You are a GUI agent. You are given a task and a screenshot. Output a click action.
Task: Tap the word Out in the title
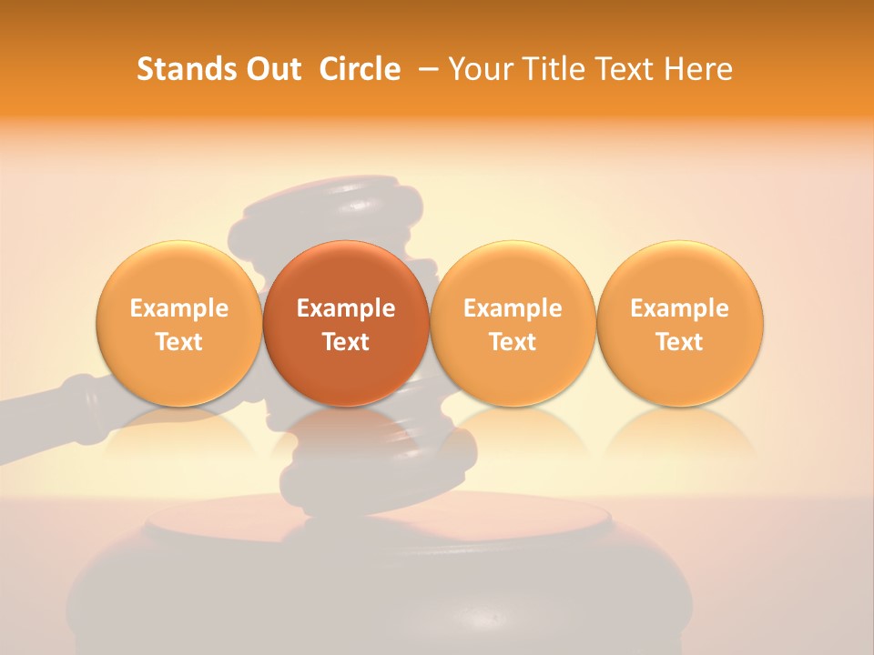tap(271, 69)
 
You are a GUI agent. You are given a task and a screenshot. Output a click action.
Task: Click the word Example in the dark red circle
tap(346, 308)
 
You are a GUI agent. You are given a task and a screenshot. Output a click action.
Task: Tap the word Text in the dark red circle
tap(346, 342)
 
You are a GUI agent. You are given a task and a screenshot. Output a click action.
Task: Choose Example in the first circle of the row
tap(178, 308)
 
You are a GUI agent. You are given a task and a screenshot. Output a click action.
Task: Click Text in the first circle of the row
tap(178, 342)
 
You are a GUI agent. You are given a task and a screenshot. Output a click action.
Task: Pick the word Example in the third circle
tap(513, 308)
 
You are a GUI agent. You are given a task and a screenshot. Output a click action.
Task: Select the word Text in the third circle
tap(513, 342)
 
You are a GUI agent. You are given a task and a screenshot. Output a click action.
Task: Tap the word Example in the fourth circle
tap(679, 308)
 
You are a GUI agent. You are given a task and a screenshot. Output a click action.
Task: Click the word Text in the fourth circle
tap(679, 342)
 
